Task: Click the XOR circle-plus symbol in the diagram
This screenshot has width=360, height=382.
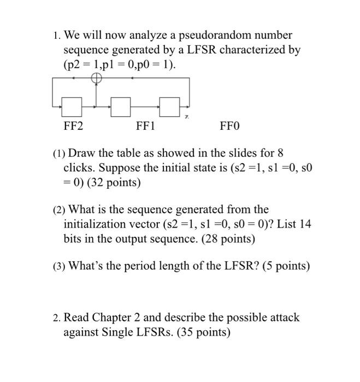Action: click(96, 79)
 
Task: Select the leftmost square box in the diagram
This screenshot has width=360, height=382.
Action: click(71, 106)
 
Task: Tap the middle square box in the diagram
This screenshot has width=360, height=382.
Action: click(121, 106)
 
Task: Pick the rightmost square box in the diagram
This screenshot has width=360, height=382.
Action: click(170, 106)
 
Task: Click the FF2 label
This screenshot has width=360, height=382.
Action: click(73, 127)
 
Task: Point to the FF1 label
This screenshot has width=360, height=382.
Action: click(145, 127)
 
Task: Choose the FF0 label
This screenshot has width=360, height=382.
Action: click(229, 127)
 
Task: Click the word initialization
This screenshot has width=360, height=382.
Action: click(93, 224)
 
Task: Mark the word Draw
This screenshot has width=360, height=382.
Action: click(81, 153)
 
